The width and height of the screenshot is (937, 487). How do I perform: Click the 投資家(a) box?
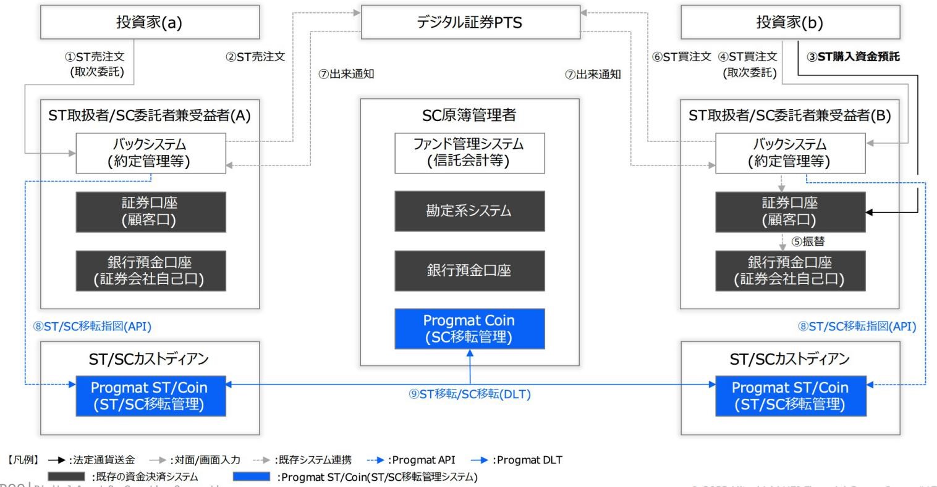(150, 23)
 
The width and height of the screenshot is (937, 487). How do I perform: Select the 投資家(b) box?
(789, 23)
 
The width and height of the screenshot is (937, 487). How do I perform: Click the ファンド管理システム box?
(470, 152)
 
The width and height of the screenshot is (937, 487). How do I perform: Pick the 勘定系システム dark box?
(470, 211)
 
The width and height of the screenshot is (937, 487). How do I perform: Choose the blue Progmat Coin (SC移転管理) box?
(470, 329)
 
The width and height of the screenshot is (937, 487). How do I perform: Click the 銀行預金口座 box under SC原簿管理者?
(470, 270)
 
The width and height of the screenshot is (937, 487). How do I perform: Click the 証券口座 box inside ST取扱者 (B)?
(789, 212)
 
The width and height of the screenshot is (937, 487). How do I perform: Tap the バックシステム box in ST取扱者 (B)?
(789, 152)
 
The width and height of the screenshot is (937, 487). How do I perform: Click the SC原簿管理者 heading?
(470, 115)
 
